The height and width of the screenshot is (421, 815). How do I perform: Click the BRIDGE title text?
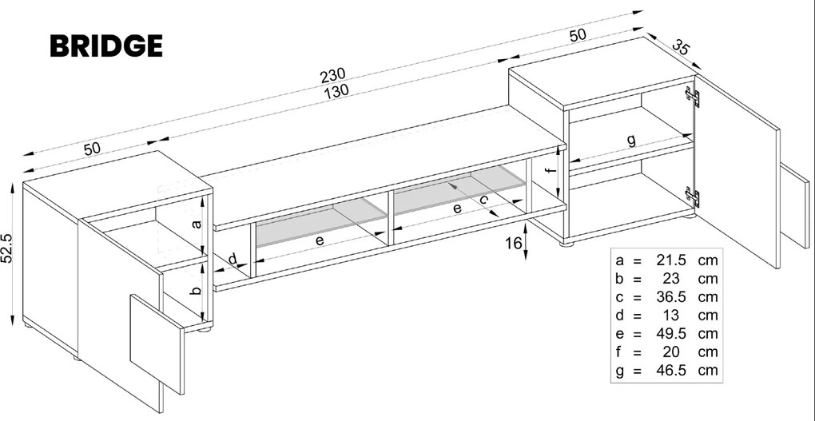(x=106, y=46)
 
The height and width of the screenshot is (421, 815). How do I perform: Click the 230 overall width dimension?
(x=332, y=76)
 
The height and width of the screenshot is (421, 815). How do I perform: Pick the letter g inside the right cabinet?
(x=630, y=141)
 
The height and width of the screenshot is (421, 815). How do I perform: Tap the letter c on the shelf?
(x=484, y=202)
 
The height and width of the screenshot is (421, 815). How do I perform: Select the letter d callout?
(x=233, y=259)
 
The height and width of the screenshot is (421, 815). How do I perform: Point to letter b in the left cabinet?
(x=197, y=291)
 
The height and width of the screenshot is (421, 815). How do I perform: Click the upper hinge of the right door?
(x=693, y=97)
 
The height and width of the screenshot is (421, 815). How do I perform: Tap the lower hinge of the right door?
(x=693, y=194)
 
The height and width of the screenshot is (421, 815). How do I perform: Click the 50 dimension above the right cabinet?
(x=577, y=34)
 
